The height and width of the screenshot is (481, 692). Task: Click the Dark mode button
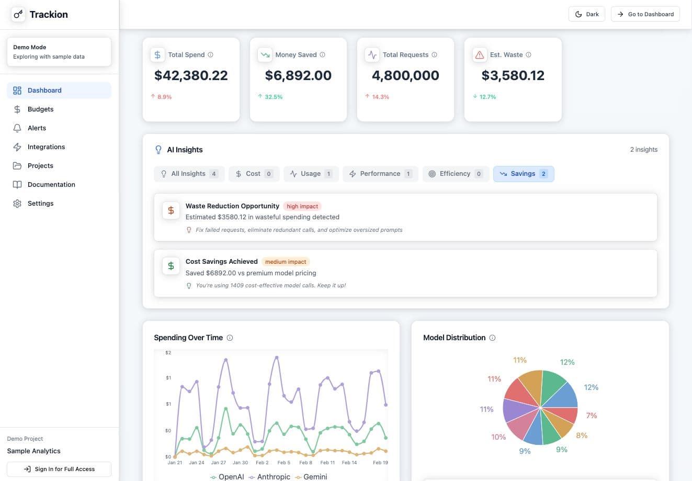(586, 14)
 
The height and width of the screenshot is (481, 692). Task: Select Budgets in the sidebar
(40, 109)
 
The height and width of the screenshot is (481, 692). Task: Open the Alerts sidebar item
(37, 128)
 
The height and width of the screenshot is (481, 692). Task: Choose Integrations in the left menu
(46, 147)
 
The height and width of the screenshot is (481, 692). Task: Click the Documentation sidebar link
(51, 185)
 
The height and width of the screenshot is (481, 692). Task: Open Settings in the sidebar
(40, 204)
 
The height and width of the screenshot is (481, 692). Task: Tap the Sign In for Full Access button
(59, 469)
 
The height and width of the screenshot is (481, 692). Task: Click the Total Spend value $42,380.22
(191, 75)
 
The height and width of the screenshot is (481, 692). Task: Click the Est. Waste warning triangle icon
(479, 54)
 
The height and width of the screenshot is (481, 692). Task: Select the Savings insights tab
(523, 174)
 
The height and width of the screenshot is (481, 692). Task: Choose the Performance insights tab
(380, 174)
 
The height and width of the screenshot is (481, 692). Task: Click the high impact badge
(302, 206)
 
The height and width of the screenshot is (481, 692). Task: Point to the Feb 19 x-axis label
(380, 463)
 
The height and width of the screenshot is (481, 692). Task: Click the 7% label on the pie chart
(592, 416)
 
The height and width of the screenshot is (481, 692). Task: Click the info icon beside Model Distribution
(492, 338)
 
